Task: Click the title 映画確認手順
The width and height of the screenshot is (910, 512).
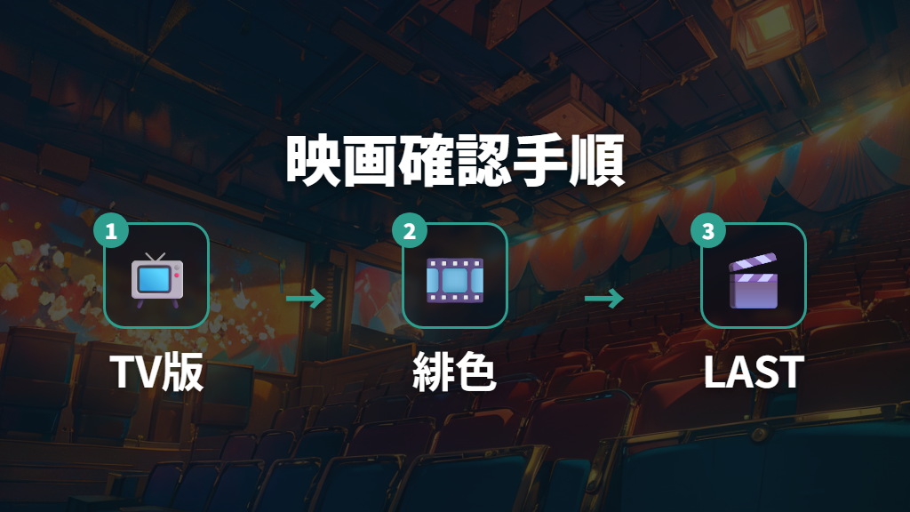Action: (x=455, y=160)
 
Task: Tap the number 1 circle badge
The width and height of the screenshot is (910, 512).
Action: (x=111, y=230)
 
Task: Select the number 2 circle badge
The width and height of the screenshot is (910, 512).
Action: (x=409, y=230)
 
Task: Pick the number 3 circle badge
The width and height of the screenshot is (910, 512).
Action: (x=707, y=230)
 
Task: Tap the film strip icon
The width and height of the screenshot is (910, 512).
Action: (x=455, y=280)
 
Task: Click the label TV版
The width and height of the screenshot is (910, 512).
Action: (x=156, y=372)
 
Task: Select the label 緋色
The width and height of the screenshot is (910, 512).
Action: (x=454, y=372)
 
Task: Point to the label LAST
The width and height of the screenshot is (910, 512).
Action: (x=754, y=372)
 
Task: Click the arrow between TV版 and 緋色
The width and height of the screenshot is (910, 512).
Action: (x=306, y=299)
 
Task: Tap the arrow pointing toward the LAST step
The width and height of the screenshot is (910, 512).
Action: (x=604, y=299)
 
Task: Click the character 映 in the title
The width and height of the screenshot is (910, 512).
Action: (x=314, y=161)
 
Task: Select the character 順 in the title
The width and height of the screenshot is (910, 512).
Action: (x=597, y=161)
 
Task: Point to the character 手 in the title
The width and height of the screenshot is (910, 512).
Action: (x=539, y=161)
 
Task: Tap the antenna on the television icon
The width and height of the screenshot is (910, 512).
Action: (x=156, y=257)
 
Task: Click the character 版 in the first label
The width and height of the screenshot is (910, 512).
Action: (x=182, y=372)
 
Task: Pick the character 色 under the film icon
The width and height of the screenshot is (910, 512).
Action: (x=476, y=372)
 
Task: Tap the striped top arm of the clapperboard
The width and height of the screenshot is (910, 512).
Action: (x=753, y=262)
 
